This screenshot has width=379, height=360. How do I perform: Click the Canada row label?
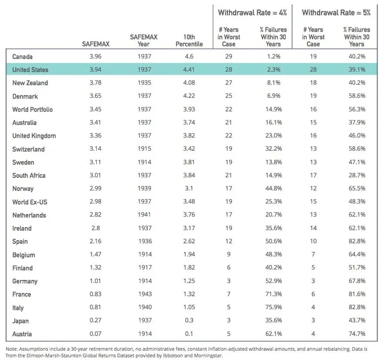point(22,56)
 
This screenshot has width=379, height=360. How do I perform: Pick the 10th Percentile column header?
point(193,41)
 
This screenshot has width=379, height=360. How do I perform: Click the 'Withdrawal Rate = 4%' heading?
point(252,12)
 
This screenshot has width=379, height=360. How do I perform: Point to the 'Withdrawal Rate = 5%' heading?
point(335,12)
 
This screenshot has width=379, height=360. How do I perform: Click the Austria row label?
point(22,333)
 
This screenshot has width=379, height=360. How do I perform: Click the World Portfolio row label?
point(32,109)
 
